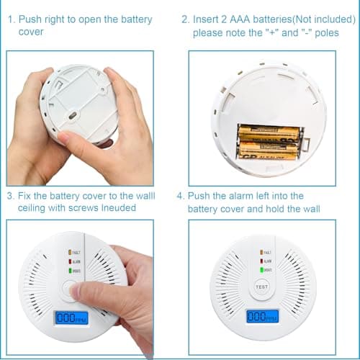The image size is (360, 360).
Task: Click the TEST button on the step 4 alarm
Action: click(261, 287)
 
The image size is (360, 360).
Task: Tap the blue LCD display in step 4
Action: click(261, 316)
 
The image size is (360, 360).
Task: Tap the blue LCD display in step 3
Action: click(73, 316)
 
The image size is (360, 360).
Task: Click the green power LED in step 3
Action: click(70, 271)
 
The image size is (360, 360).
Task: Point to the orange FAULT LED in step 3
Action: click(70, 253)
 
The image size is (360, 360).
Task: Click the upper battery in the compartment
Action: click(269, 132)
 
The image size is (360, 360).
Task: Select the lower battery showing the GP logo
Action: click(269, 150)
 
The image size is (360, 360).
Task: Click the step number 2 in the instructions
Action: click(185, 19)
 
